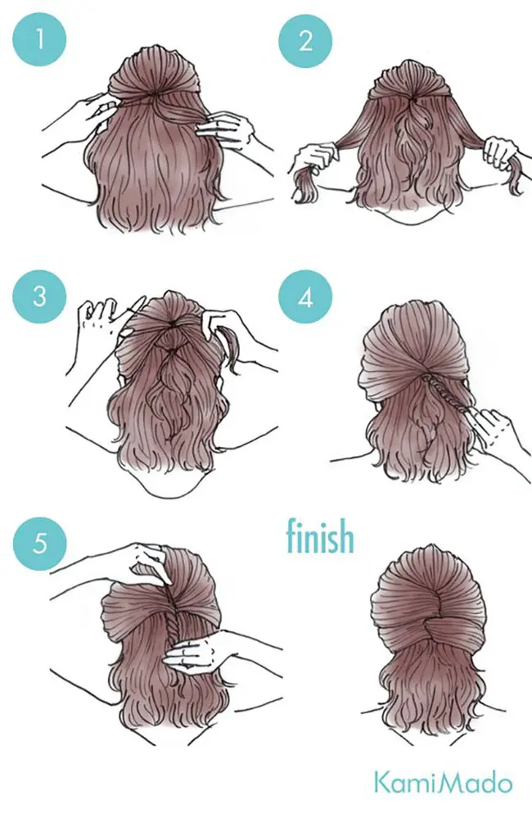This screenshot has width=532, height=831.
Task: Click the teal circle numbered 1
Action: pos(39,39)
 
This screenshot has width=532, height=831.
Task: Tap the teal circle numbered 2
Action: pos(305,41)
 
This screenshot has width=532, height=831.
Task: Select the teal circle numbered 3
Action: pos(39,296)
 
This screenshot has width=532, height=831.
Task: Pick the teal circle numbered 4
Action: pos(305,296)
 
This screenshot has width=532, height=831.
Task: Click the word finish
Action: pos(320,535)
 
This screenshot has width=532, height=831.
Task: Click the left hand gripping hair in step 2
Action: pos(314,159)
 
